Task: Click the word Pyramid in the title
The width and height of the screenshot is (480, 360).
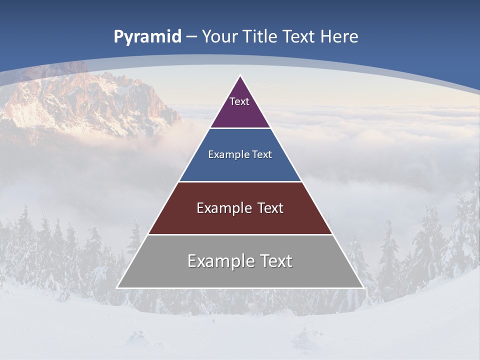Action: pyautogui.click(x=147, y=37)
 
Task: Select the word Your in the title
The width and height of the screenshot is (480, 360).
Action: pyautogui.click(x=219, y=36)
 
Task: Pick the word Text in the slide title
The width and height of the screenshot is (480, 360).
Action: pyautogui.click(x=300, y=36)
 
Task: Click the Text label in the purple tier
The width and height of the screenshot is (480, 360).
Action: pyautogui.click(x=239, y=101)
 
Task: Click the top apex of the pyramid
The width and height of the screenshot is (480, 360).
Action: pyautogui.click(x=240, y=76)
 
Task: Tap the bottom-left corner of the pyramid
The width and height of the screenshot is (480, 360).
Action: pyautogui.click(x=117, y=287)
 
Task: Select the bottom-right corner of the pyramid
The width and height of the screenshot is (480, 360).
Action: pyautogui.click(x=363, y=287)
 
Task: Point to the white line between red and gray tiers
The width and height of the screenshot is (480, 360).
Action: pyautogui.click(x=240, y=234)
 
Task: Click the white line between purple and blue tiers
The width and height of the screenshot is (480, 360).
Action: pyautogui.click(x=240, y=128)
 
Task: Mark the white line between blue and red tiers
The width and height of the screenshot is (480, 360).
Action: pyautogui.click(x=240, y=181)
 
